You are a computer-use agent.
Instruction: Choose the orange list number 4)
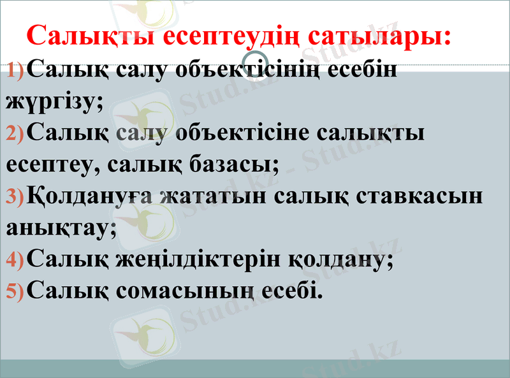click(15, 259)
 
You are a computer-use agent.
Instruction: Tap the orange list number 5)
click(15, 291)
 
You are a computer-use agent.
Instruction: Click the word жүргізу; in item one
click(54, 101)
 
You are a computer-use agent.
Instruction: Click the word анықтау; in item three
click(61, 227)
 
